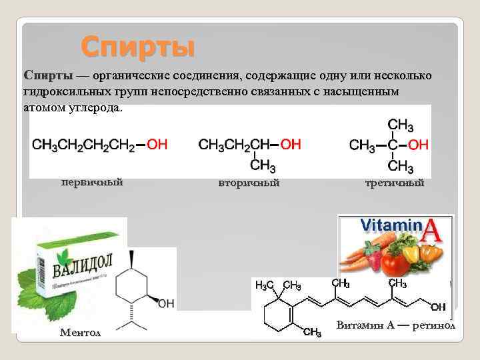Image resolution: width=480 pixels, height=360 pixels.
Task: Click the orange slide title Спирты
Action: tap(138, 47)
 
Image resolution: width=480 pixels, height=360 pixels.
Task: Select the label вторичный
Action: tap(249, 182)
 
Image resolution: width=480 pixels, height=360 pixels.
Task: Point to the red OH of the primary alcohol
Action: tap(157, 144)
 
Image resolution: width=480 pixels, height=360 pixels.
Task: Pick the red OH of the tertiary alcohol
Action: tap(418, 145)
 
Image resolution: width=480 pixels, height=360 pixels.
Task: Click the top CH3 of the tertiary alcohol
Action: tap(401, 125)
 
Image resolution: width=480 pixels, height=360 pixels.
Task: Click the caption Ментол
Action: tap(81, 332)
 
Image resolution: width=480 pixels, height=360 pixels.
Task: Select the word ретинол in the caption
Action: tap(434, 326)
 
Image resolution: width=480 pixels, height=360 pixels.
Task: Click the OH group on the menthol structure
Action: tap(166, 303)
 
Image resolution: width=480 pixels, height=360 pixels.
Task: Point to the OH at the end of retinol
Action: tap(438, 307)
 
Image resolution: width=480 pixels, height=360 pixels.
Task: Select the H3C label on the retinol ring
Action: tap(265, 286)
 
